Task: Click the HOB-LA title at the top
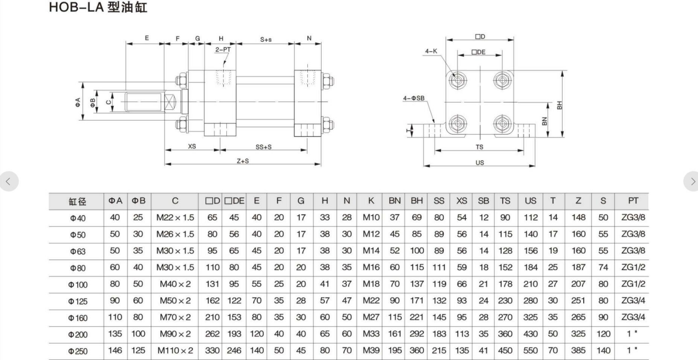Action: pos(98,7)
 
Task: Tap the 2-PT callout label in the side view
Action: pos(223,50)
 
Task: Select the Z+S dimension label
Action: pos(243,161)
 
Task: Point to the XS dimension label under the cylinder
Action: pos(192,146)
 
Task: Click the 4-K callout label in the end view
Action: pos(431,51)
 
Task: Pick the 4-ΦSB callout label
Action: pos(414,98)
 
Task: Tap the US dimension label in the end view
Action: pos(480,163)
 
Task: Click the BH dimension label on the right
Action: pos(559,105)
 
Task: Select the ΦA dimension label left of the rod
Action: pos(78,102)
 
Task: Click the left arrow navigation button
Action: pos(8,181)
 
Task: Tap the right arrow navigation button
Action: pos(691,181)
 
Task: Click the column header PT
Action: pos(633,201)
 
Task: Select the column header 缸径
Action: pos(77,201)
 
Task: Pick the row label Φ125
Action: pos(78,301)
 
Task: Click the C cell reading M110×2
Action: pos(175,350)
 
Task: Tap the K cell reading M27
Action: pos(371,317)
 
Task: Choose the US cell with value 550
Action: pos(530,350)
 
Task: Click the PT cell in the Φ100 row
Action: pos(633,284)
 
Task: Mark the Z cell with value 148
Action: pos(578,217)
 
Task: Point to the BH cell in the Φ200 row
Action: pos(417,334)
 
